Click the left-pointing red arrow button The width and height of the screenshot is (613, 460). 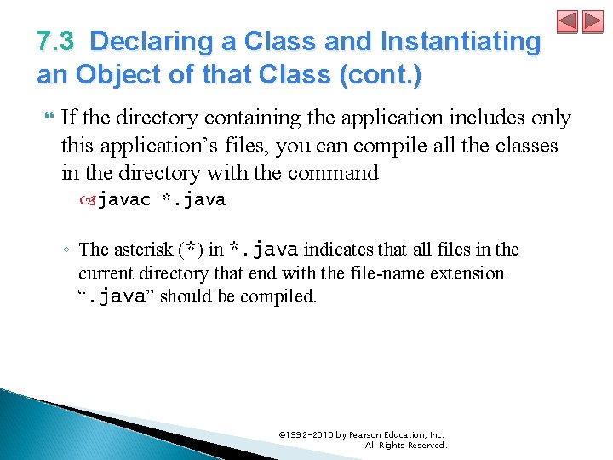568,21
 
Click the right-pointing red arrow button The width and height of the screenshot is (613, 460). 593,21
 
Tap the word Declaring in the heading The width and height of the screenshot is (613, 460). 140,41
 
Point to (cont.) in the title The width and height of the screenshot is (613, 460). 379,75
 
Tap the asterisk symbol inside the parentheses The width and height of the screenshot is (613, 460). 193,250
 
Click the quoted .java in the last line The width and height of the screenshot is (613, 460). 118,297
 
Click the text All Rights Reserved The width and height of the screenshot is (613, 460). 405,446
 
